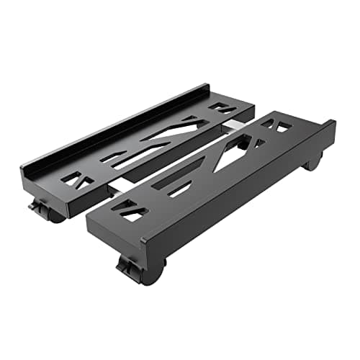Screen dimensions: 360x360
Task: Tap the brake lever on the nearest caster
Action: pyautogui.click(x=127, y=268)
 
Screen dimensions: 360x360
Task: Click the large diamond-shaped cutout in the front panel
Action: pyautogui.click(x=232, y=150)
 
